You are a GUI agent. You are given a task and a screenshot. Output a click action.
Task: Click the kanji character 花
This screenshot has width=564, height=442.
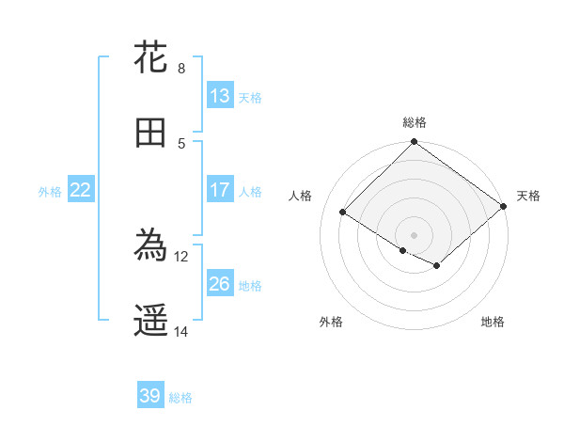click(x=151, y=57)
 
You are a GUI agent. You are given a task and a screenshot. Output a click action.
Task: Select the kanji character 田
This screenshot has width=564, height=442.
click(x=151, y=133)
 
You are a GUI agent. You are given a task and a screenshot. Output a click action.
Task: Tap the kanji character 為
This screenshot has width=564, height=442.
click(x=151, y=246)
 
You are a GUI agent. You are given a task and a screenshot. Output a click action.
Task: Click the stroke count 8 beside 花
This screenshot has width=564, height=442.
click(x=180, y=68)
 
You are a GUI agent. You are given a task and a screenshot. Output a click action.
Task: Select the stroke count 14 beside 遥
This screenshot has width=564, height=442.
click(x=181, y=331)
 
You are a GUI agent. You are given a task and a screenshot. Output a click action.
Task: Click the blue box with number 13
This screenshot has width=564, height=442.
click(x=220, y=96)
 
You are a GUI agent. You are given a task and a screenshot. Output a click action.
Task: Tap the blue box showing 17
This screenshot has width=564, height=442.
click(x=220, y=190)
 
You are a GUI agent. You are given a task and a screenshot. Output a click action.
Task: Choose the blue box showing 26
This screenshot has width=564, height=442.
click(x=220, y=284)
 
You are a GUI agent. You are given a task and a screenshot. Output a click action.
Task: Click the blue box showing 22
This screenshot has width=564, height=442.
click(x=81, y=190)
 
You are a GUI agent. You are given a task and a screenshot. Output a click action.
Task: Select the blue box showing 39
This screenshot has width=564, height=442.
click(x=150, y=396)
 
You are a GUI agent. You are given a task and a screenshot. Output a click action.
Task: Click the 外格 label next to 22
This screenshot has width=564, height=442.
click(x=50, y=192)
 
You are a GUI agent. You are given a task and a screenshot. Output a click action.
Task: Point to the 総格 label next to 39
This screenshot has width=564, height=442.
click(x=180, y=398)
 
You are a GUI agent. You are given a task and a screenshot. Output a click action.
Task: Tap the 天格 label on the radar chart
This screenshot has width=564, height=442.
click(x=528, y=196)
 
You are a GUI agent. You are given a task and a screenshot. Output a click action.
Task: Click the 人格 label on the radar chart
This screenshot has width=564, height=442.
click(x=300, y=196)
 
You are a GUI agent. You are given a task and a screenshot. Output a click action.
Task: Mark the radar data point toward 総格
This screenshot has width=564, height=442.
click(x=414, y=142)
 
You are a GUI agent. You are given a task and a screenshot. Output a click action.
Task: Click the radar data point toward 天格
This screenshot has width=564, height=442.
click(x=504, y=206)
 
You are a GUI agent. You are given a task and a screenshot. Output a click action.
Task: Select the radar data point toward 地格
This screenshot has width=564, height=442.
click(x=437, y=266)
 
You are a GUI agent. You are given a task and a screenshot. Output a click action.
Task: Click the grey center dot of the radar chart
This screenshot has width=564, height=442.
click(x=414, y=234)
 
